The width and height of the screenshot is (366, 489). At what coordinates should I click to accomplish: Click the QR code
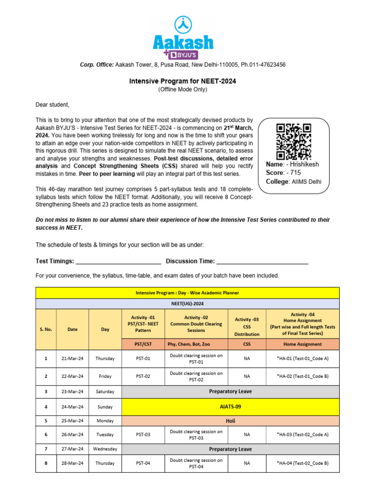click(x=294, y=141)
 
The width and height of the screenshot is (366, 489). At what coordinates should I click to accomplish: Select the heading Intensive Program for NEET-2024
click(x=183, y=81)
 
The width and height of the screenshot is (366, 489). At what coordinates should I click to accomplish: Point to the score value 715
click(x=295, y=173)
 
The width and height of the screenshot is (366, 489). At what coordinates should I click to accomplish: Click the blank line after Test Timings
click(x=118, y=261)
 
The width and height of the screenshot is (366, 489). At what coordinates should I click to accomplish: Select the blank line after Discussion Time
click(x=263, y=261)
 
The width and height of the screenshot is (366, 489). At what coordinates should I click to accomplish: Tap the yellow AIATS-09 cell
click(x=230, y=407)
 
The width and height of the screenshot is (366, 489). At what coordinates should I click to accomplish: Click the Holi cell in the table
click(x=230, y=421)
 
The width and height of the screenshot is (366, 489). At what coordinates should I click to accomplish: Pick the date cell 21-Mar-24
click(x=72, y=358)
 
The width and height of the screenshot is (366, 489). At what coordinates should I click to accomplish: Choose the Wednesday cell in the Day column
click(x=105, y=449)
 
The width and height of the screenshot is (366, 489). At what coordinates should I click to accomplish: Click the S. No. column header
click(x=46, y=329)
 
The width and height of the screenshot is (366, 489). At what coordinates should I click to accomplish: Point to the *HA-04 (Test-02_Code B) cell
click(x=303, y=463)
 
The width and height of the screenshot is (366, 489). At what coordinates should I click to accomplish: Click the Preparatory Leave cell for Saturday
click(x=230, y=392)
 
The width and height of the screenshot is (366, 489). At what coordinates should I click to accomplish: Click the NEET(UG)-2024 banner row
click(x=187, y=303)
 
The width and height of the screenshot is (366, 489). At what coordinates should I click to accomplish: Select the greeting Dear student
click(x=52, y=105)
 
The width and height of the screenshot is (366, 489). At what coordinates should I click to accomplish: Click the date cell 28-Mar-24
click(x=72, y=463)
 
